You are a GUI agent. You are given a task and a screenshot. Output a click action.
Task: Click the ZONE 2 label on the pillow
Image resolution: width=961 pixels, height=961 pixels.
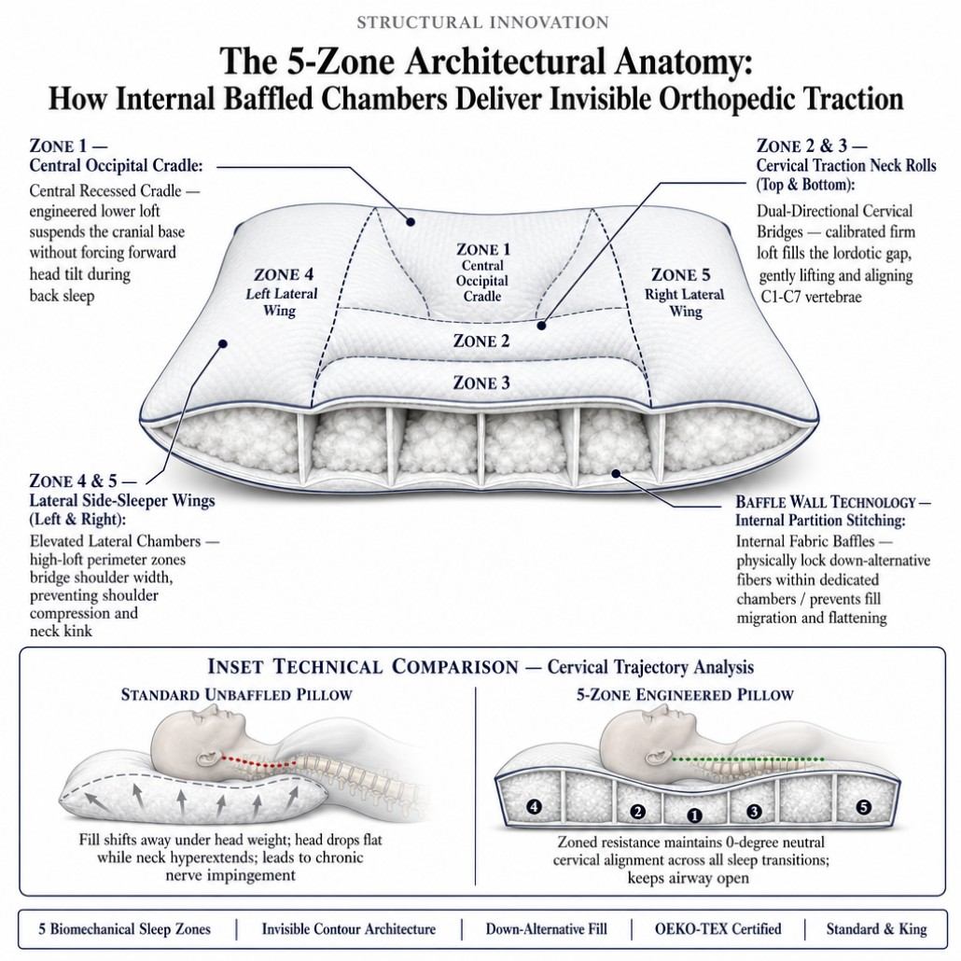pyautogui.click(x=481, y=341)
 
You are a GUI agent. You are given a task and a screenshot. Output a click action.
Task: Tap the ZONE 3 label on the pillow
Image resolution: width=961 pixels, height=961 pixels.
pyautogui.click(x=481, y=383)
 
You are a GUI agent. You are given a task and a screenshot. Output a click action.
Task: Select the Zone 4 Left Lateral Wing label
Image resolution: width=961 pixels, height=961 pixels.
pyautogui.click(x=281, y=292)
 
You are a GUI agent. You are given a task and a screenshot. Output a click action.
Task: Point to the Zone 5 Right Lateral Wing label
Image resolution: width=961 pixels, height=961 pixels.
pyautogui.click(x=684, y=293)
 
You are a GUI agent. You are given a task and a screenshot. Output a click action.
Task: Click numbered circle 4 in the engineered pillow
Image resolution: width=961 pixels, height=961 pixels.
pyautogui.click(x=535, y=806)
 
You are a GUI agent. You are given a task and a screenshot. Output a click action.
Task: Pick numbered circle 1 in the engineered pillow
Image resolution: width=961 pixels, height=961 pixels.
pyautogui.click(x=694, y=815)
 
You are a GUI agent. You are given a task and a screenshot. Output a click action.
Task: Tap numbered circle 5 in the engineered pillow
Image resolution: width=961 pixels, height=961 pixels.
pyautogui.click(x=863, y=806)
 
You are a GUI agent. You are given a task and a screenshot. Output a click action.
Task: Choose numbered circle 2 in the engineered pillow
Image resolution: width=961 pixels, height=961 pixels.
pyautogui.click(x=637, y=812)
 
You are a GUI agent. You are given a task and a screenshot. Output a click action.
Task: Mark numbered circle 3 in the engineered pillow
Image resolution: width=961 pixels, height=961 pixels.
pyautogui.click(x=754, y=812)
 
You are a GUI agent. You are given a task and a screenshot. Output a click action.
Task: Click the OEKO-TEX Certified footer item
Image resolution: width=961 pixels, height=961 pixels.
pyautogui.click(x=717, y=929)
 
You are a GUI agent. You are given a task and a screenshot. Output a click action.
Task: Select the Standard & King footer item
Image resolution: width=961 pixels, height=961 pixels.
pyautogui.click(x=876, y=929)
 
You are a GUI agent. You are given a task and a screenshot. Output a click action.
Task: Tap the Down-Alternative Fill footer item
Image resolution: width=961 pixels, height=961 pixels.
pyautogui.click(x=546, y=929)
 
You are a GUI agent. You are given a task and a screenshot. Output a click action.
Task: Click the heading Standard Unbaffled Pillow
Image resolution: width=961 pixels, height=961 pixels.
pyautogui.click(x=237, y=695)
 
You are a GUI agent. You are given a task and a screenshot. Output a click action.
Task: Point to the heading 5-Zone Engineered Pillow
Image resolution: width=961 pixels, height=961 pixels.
pyautogui.click(x=685, y=695)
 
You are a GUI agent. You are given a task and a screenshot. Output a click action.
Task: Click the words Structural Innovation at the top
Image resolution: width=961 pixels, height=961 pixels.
pyautogui.click(x=482, y=22)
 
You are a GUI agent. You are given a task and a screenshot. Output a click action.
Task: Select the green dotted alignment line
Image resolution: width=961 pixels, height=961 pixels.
pyautogui.click(x=747, y=760)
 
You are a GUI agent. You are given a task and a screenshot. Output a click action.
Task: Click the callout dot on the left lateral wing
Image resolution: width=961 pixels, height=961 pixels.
pyautogui.click(x=223, y=344)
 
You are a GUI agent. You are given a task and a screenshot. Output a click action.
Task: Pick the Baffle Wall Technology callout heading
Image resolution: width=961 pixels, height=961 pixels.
pyautogui.click(x=832, y=511)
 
